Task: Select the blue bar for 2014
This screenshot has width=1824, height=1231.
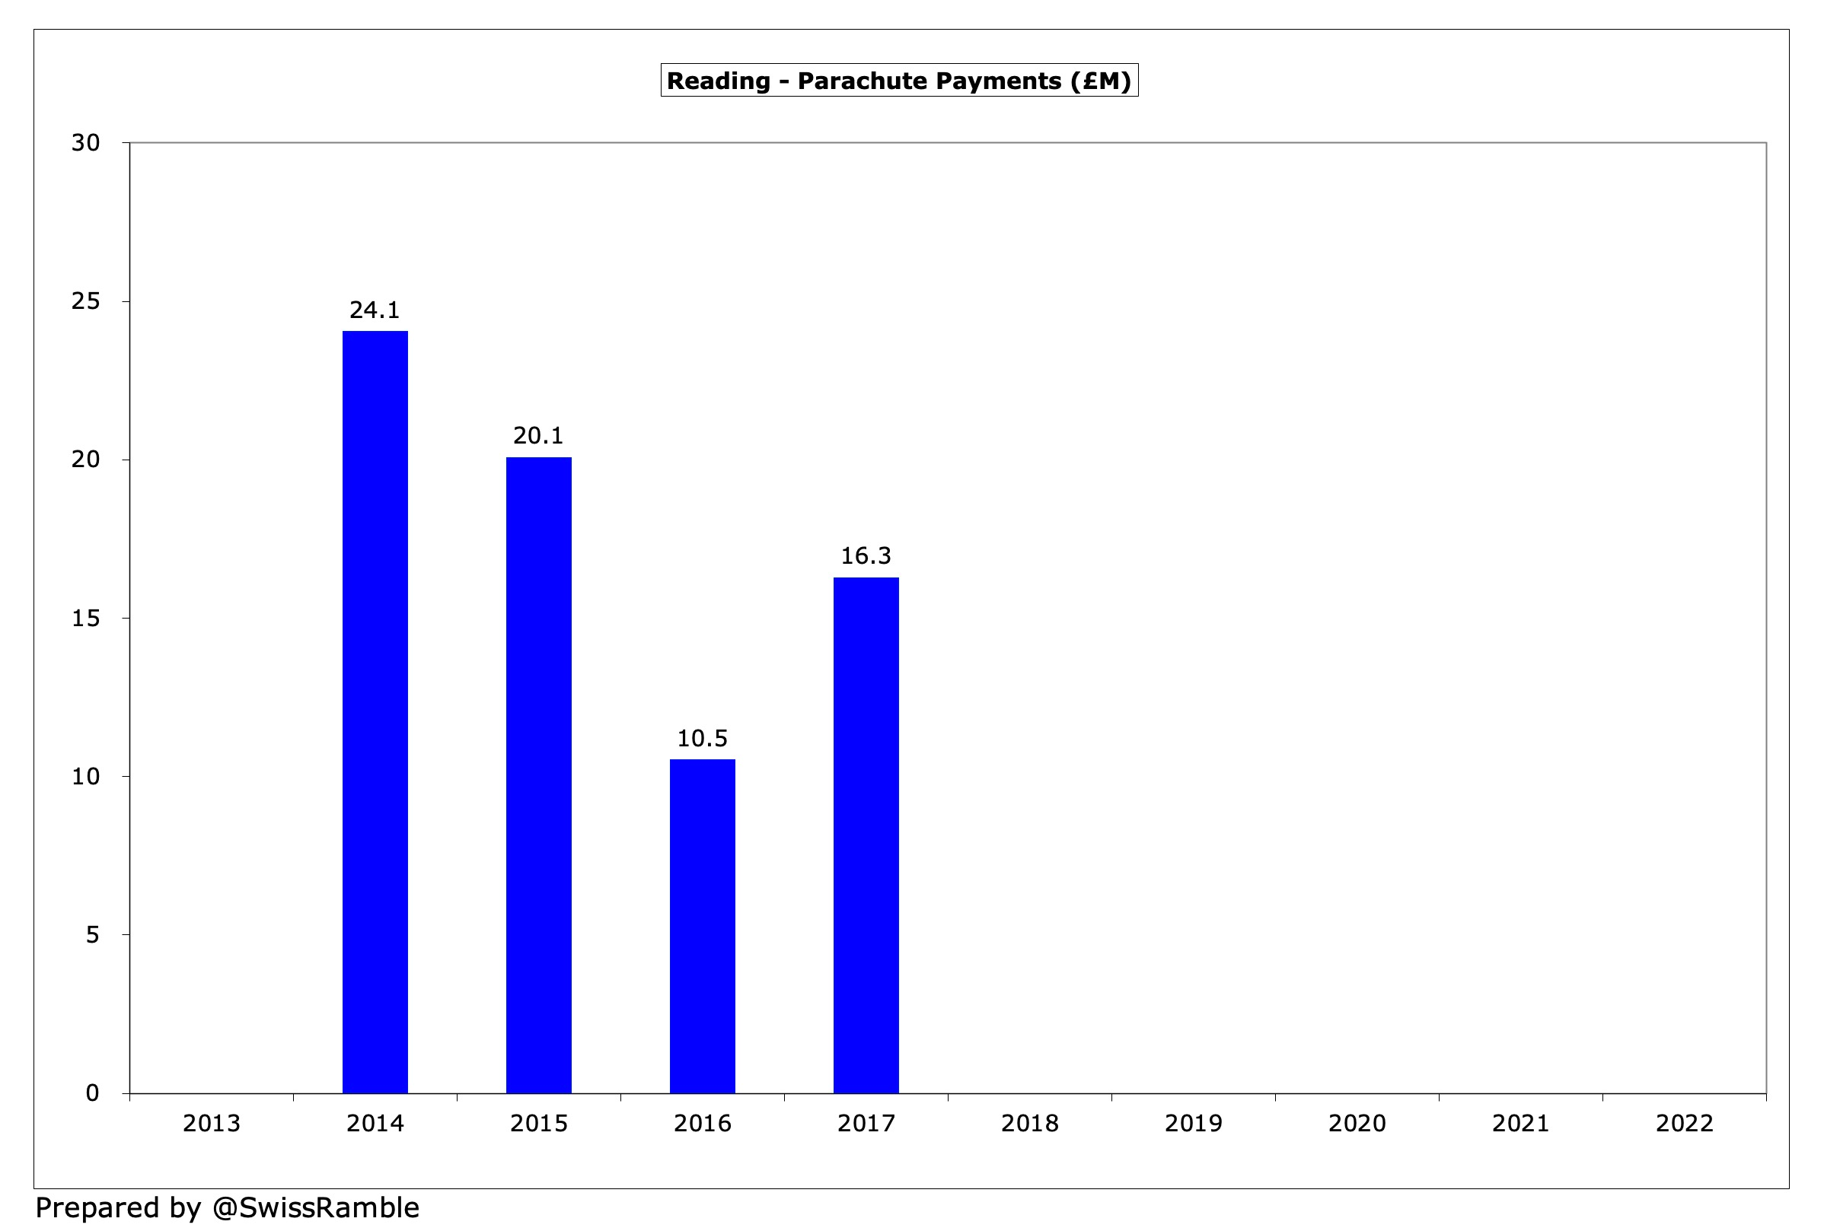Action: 375,711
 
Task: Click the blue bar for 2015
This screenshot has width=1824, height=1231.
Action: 538,775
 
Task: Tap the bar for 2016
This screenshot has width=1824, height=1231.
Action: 703,926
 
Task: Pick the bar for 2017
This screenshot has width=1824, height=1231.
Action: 866,835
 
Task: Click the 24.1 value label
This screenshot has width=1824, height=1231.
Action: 375,310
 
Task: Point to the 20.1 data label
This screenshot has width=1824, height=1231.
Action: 538,436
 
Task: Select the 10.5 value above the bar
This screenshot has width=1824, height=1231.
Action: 703,739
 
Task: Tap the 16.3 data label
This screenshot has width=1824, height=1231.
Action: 866,556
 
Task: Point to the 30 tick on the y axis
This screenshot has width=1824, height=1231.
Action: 86,143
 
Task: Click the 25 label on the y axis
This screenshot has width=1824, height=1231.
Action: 86,301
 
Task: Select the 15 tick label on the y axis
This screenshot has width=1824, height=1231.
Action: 86,619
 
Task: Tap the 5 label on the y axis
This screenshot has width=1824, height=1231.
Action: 93,934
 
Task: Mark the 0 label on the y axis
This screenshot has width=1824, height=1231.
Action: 93,1093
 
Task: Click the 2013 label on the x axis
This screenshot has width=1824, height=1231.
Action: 211,1124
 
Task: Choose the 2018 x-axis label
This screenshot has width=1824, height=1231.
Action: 1030,1124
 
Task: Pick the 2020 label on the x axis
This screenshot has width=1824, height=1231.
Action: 1357,1124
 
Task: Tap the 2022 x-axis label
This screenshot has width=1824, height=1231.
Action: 1684,1124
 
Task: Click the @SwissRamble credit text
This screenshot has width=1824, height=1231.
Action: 315,1208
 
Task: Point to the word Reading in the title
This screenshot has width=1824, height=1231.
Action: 718,81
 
